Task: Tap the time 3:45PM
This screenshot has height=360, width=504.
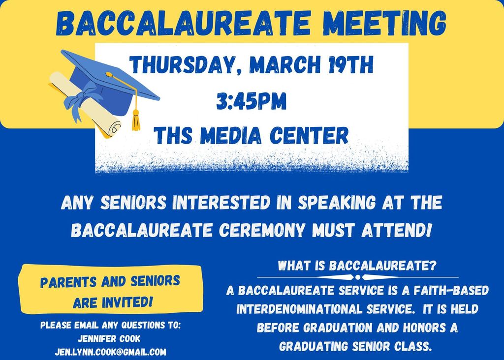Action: point(252,101)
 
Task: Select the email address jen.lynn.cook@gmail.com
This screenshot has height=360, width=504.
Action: point(110,352)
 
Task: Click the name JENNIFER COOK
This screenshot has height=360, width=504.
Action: point(110,338)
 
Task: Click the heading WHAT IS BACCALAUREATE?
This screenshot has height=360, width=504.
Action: point(357,266)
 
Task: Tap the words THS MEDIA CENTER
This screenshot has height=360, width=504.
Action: point(252,135)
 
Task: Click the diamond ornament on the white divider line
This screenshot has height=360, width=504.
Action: point(357,277)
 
